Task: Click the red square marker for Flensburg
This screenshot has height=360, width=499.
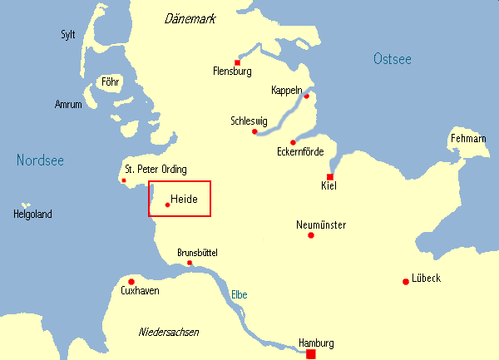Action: [237, 62]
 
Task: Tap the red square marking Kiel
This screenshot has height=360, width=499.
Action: [330, 177]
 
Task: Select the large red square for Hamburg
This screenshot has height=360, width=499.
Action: [311, 354]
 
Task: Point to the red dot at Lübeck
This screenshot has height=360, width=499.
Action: [405, 281]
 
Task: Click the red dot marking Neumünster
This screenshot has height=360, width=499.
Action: [311, 235]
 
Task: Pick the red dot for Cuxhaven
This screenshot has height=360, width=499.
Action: [131, 281]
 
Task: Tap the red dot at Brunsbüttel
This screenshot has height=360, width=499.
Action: [190, 263]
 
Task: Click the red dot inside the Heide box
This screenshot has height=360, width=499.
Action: [167, 205]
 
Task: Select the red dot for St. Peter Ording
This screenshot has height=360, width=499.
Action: [124, 180]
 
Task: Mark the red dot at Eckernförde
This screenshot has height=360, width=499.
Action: [293, 142]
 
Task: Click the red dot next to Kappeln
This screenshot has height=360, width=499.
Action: [306, 96]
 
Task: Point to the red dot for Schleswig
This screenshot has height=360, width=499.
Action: [254, 131]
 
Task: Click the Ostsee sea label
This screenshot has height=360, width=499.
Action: [393, 58]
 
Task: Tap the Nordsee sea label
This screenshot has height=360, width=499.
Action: [40, 160]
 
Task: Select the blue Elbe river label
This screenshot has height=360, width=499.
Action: [239, 294]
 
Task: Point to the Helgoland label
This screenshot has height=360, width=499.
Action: [32, 215]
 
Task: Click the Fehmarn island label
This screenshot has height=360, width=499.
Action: [467, 138]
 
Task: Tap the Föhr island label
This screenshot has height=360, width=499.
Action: [110, 81]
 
